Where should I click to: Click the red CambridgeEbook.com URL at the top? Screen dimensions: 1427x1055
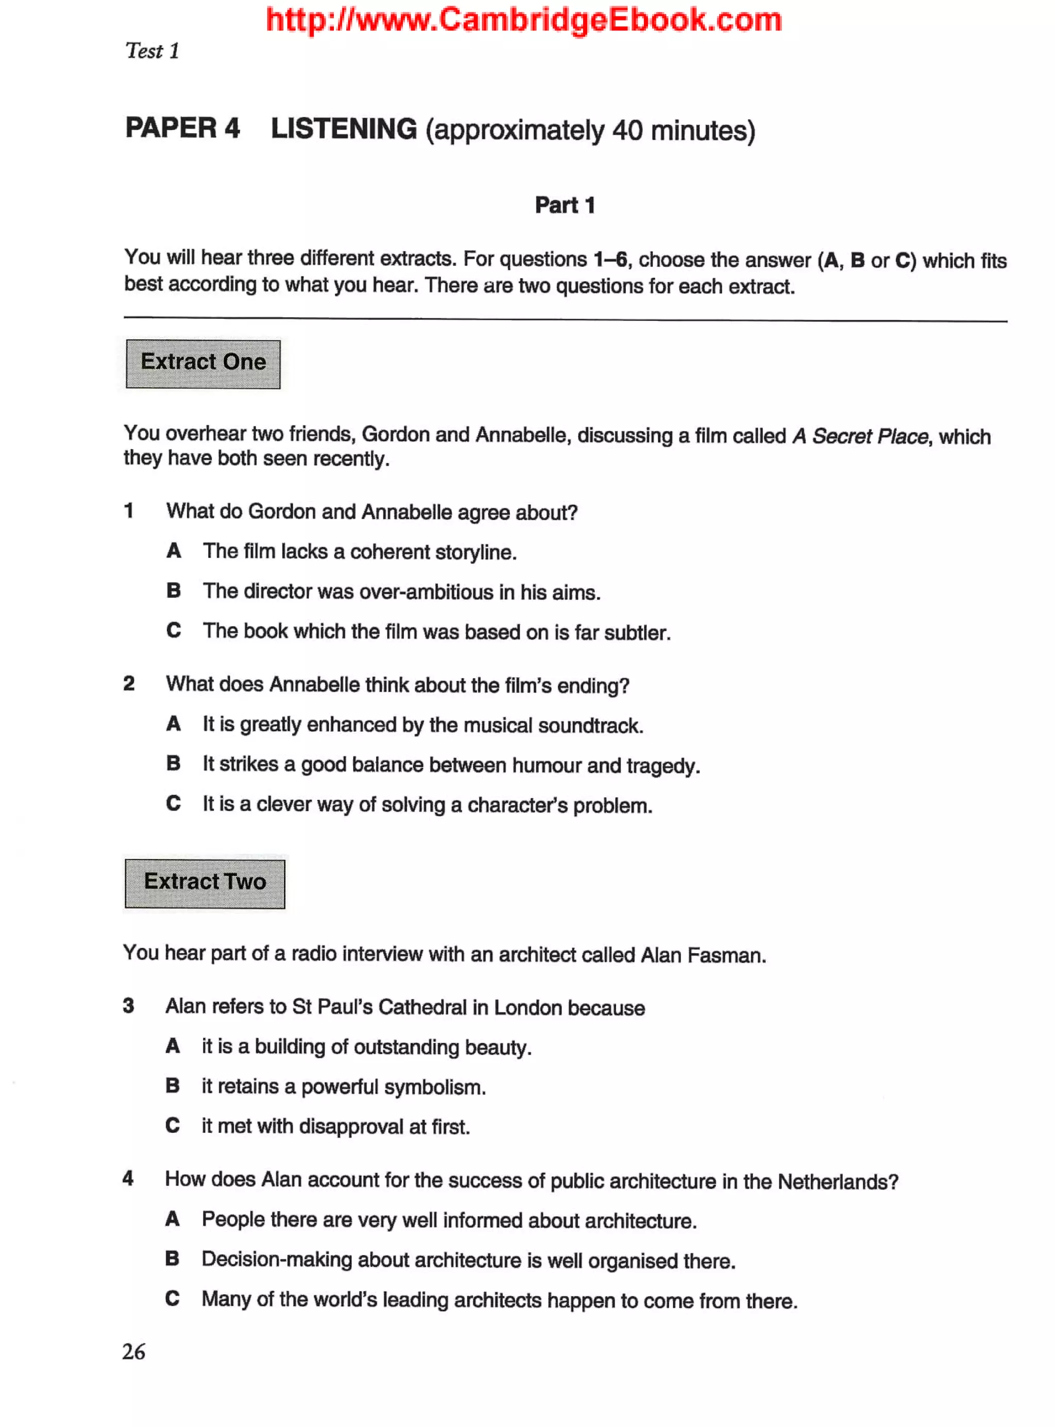524,20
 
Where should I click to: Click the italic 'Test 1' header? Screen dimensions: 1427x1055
152,51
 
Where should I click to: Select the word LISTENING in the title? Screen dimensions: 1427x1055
344,129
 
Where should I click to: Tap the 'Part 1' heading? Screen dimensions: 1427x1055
565,205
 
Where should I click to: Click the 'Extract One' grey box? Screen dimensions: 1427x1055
203,363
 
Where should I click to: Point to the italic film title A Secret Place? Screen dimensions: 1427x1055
860,436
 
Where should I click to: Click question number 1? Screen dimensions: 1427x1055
129,511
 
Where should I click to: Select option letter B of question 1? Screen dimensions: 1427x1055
174,591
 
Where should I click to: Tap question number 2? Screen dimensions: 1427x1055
129,684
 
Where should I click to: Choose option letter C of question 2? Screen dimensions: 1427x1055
174,803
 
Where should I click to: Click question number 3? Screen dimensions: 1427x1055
129,1006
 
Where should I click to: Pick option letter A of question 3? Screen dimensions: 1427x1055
173,1046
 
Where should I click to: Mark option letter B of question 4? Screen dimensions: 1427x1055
173,1259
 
